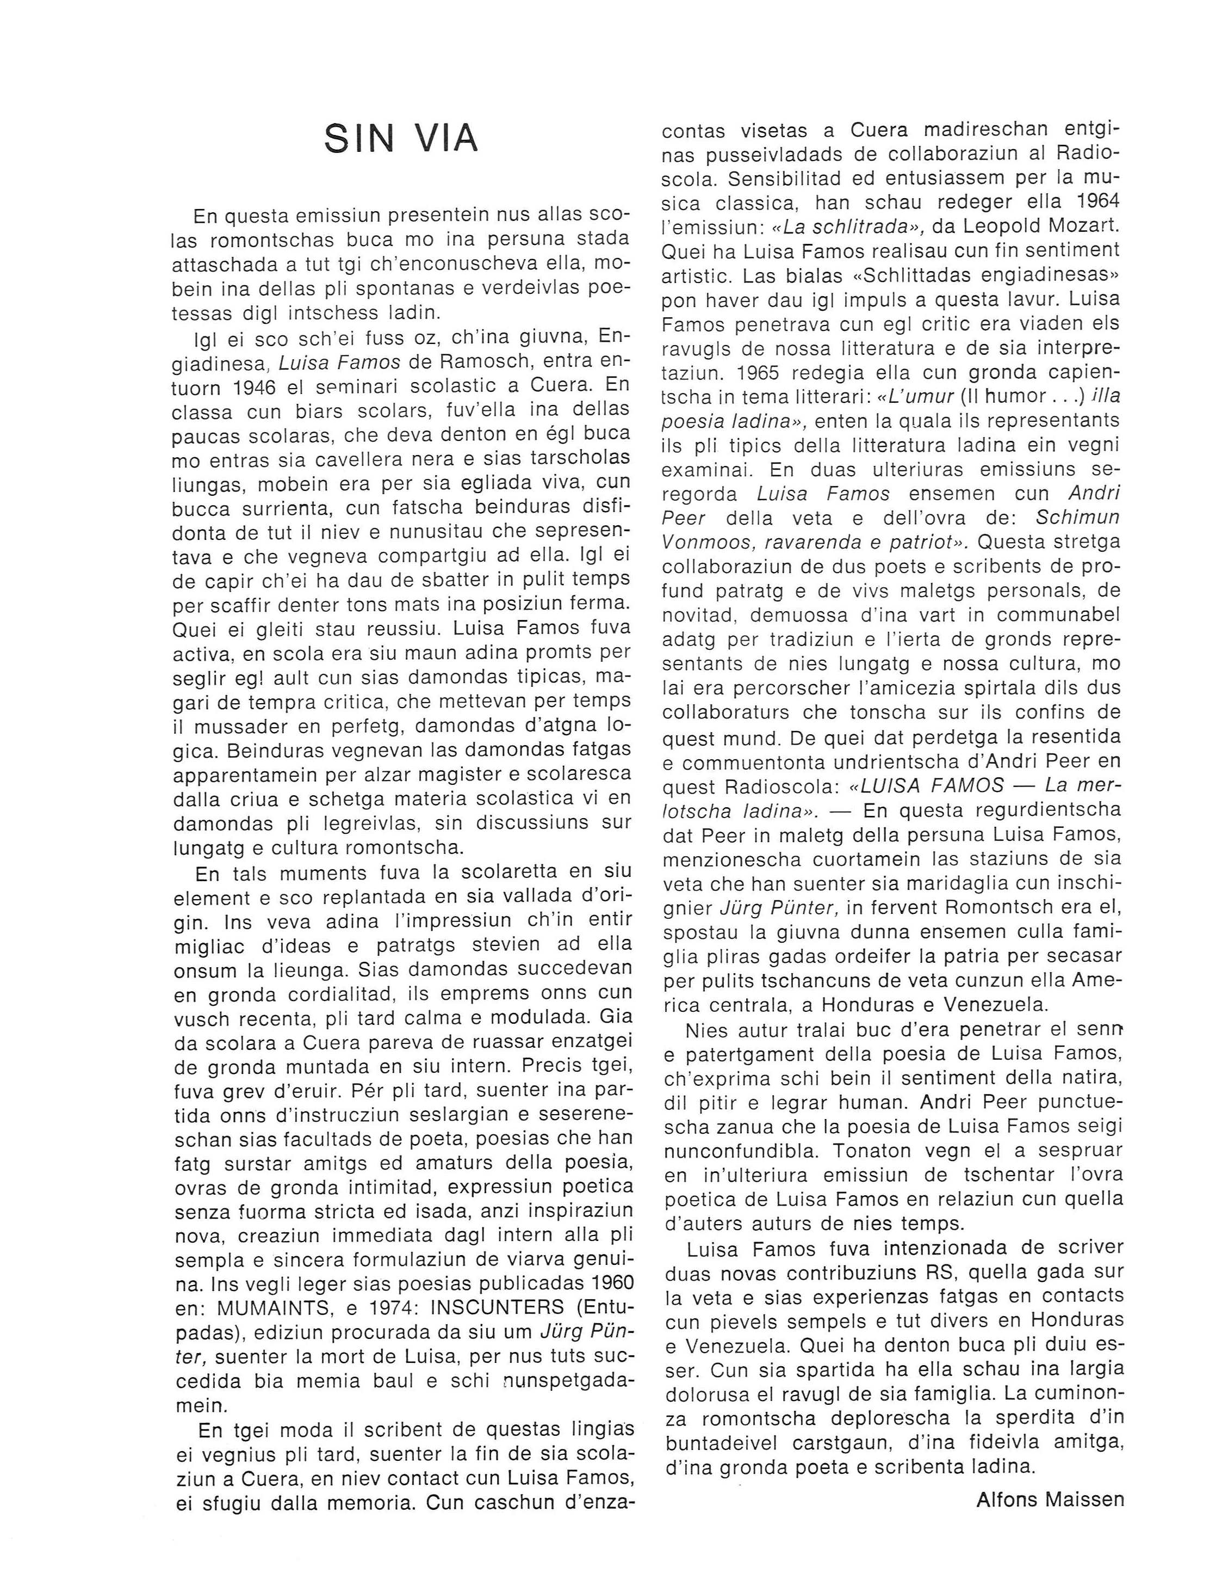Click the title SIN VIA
click(x=400, y=138)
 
